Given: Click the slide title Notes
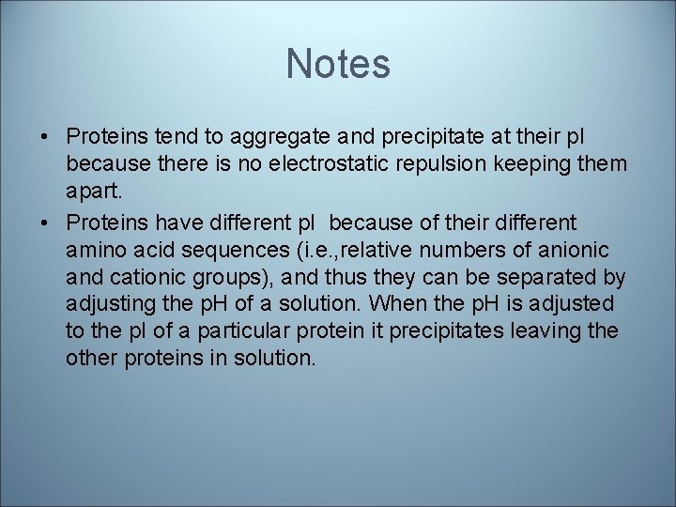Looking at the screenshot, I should point(338,64).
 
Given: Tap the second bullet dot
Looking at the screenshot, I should point(45,223).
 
